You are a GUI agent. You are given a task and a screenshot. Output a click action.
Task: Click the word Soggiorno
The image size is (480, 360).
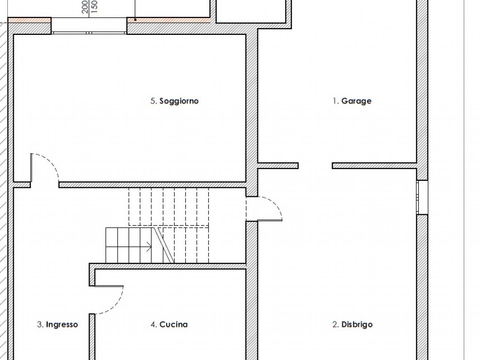click(179, 101)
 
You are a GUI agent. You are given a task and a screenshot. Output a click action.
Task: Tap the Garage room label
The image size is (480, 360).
click(352, 101)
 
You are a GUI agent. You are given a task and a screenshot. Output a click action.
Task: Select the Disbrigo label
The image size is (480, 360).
click(352, 324)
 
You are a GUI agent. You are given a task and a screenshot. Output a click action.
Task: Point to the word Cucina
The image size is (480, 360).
click(173, 324)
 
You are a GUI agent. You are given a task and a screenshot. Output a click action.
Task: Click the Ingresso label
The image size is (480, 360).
click(57, 325)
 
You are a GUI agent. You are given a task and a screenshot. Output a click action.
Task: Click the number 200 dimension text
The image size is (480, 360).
click(85, 6)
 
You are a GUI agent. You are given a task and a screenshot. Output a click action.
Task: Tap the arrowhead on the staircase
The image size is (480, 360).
click(149, 247)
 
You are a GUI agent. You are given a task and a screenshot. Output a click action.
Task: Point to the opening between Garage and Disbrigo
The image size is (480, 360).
click(315, 166)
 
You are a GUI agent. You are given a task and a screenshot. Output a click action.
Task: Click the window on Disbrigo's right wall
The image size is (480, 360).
click(422, 197)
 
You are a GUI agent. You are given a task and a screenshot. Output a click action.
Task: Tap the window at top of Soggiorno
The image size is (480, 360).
click(89, 33)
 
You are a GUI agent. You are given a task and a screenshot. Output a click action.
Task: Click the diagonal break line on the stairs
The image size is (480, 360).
click(164, 245)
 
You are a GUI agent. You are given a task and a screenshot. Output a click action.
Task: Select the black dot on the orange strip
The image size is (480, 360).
click(135, 19)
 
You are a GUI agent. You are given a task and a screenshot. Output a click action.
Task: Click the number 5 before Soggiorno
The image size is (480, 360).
click(153, 101)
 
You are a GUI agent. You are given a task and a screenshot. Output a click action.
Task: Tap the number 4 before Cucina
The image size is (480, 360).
click(154, 324)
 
